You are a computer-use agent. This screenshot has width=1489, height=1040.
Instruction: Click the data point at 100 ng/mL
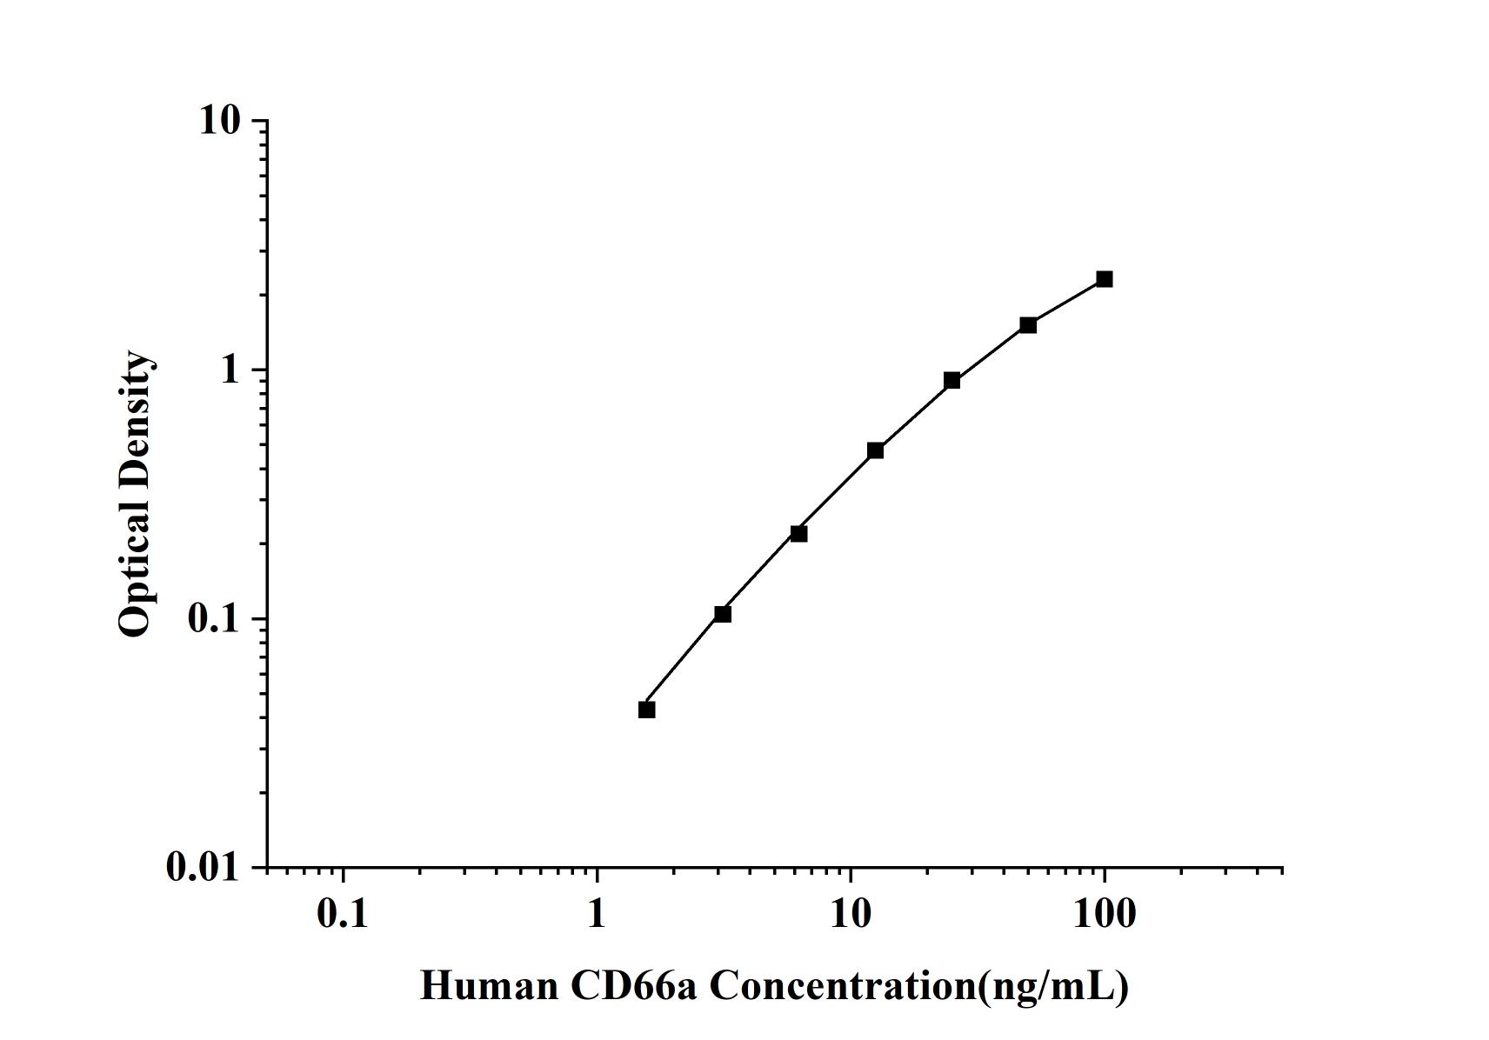point(1104,279)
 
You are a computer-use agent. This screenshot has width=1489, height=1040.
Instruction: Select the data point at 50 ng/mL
point(1028,325)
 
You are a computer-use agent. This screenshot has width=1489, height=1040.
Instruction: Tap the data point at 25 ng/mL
point(951,380)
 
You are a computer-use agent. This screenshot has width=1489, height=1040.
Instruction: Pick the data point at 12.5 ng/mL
point(875,450)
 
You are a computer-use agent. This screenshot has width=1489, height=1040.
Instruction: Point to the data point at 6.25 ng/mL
point(798,533)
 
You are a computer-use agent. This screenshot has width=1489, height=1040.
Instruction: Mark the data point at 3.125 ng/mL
point(722,614)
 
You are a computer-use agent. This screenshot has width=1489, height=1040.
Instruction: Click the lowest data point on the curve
point(646,710)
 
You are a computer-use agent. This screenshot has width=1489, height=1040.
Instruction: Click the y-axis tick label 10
point(219,120)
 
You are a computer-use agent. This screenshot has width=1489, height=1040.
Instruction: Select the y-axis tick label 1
point(230,370)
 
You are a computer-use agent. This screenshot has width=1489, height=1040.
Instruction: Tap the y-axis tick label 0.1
point(212,618)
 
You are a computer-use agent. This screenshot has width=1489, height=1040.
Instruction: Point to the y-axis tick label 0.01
point(203,867)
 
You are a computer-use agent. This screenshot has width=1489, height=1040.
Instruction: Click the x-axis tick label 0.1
point(343,914)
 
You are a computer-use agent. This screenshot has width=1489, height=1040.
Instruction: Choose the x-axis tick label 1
point(596,914)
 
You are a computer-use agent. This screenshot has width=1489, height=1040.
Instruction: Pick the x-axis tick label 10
point(850,914)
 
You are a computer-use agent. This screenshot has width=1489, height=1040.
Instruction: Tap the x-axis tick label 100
point(1104,914)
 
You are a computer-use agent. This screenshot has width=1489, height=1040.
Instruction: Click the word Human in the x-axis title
point(489,986)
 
